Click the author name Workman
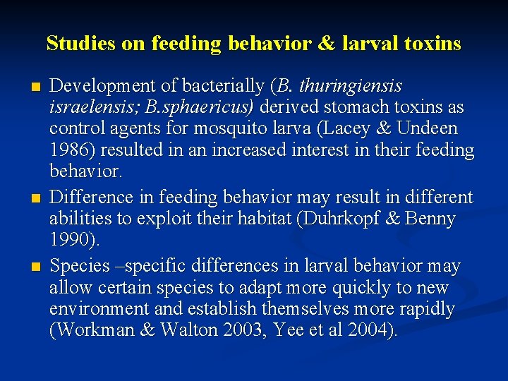click(x=97, y=331)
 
